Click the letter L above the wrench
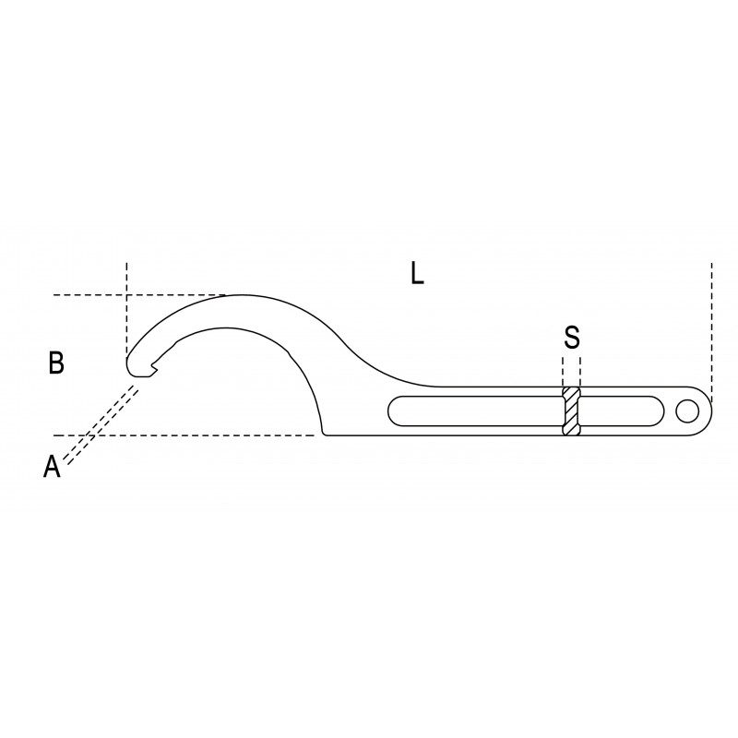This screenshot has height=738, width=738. coord(418,274)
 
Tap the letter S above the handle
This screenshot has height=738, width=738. coord(572,337)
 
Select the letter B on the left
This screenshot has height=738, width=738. coord(56,363)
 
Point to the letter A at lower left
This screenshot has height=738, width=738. coord(52,467)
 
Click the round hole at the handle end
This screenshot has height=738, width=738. coord(687,411)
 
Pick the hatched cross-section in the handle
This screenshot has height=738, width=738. coord(571,411)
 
